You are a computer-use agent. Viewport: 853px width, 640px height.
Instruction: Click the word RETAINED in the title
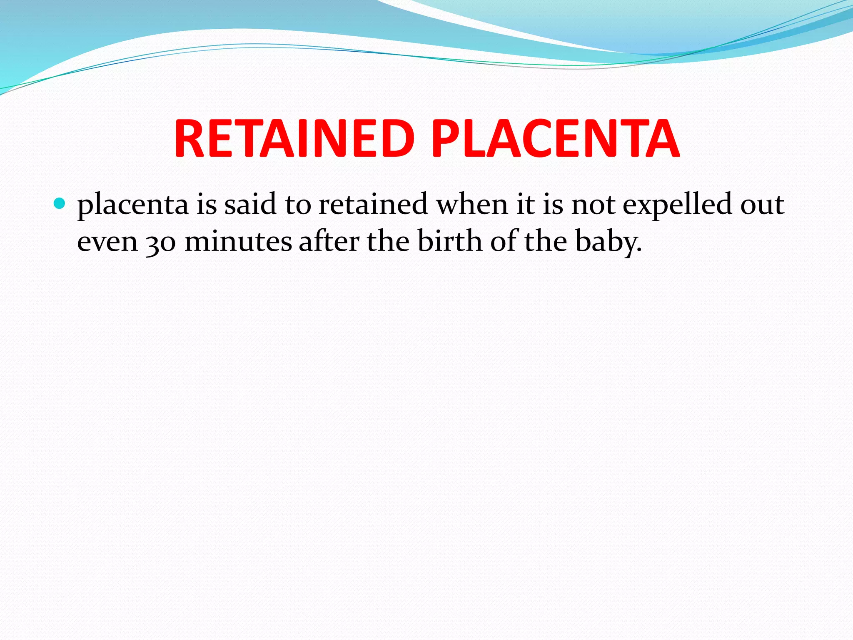point(294,138)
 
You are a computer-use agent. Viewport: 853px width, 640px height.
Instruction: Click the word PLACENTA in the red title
point(555,138)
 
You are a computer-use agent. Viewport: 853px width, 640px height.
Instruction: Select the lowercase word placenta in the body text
point(133,205)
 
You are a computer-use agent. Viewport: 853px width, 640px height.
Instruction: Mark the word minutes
point(238,242)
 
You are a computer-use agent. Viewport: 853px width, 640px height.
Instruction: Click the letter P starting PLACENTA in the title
point(444,138)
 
